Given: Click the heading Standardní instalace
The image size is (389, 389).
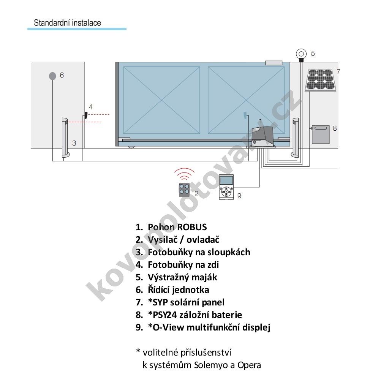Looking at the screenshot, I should (67, 23).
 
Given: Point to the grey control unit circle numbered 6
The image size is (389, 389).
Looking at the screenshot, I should (52, 76).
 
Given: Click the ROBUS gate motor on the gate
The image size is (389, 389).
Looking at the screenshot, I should (263, 137).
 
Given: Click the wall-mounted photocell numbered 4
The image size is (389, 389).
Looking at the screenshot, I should (86, 115).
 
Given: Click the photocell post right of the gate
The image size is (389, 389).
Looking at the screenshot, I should (295, 138).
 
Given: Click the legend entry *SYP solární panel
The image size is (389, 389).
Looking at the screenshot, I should (186, 302).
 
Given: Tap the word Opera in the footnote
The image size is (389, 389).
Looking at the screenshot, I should (249, 365).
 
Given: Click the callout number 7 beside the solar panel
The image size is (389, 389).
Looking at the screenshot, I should (338, 71).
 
